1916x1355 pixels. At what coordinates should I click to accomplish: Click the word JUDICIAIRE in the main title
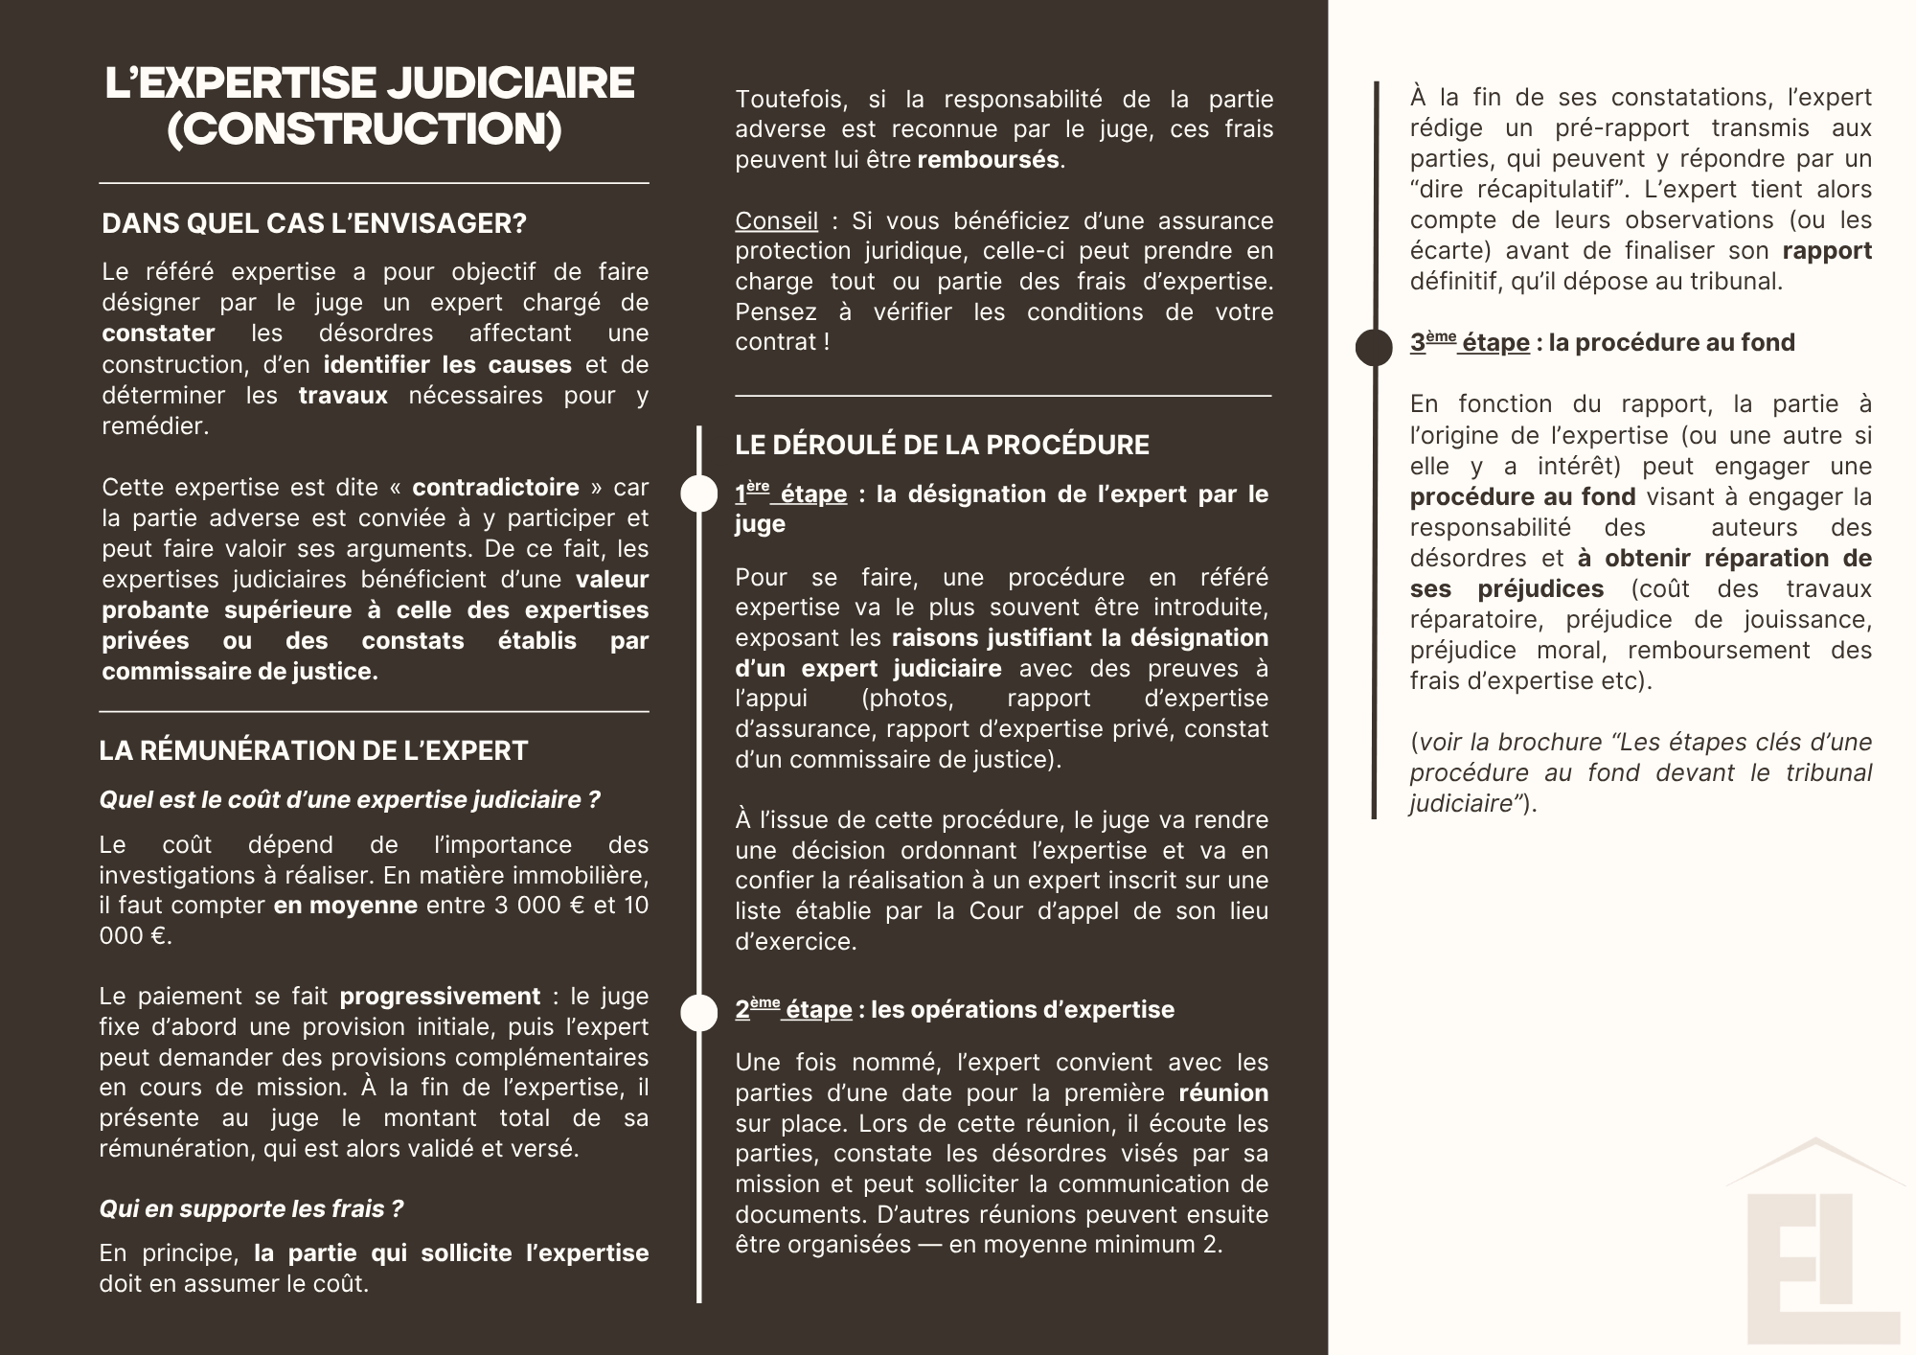[510, 83]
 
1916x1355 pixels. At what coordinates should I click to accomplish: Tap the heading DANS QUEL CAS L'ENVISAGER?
[314, 224]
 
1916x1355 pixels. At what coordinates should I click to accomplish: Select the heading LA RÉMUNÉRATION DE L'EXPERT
[313, 750]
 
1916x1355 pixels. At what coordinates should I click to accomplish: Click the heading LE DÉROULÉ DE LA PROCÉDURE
[942, 445]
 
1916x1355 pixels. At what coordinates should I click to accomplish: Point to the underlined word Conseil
[776, 221]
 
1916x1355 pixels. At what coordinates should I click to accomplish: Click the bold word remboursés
[988, 160]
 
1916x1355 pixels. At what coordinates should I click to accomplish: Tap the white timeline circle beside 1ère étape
[699, 494]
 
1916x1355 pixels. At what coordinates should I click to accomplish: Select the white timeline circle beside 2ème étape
[699, 1013]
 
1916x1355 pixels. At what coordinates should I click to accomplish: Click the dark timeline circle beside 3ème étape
[1374, 347]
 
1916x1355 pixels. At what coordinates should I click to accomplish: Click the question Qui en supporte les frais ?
[252, 1209]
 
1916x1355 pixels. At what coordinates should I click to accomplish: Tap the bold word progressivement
[440, 997]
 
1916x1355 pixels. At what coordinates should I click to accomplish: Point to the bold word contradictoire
[495, 488]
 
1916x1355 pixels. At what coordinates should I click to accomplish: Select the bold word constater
[158, 333]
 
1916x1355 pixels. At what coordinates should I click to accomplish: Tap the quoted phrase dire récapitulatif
[1508, 190]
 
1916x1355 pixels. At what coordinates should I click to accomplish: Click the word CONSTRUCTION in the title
[365, 130]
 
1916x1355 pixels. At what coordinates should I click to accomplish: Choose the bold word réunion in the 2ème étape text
[1222, 1093]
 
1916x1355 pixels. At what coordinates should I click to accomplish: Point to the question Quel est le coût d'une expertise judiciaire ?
[350, 800]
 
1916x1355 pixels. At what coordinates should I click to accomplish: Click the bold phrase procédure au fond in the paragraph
[1522, 497]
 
